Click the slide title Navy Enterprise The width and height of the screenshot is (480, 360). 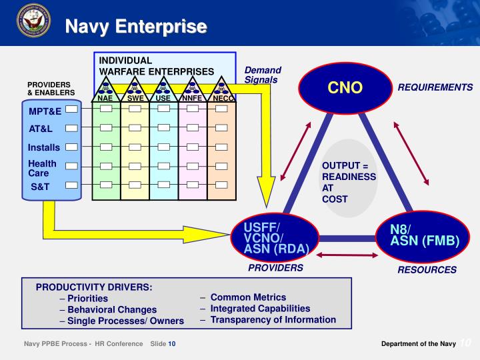[x=135, y=27]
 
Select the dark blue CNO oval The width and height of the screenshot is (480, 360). [x=345, y=87]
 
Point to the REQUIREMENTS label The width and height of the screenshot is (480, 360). [x=435, y=87]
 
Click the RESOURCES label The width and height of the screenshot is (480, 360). [x=427, y=270]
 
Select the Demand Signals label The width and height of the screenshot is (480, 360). [x=263, y=75]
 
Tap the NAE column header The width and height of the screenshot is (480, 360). [x=105, y=99]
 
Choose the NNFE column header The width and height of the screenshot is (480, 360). [x=192, y=99]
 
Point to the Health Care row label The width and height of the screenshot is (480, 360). [x=42, y=168]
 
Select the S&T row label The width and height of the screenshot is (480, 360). [x=40, y=187]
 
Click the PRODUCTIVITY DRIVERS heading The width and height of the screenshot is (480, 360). [x=94, y=287]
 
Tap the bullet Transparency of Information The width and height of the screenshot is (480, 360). [x=273, y=319]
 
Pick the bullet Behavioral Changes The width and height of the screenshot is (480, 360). [x=112, y=309]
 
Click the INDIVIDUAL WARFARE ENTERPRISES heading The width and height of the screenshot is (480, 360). [x=157, y=65]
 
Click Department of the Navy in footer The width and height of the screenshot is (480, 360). [x=418, y=343]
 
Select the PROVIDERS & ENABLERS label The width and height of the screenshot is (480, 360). [x=51, y=89]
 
